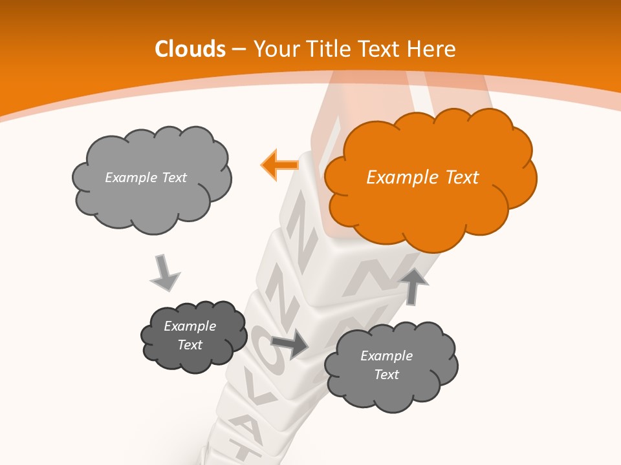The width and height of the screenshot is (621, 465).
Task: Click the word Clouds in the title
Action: (190, 49)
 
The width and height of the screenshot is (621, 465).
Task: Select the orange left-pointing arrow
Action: (279, 165)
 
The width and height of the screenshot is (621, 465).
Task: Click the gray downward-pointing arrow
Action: (164, 272)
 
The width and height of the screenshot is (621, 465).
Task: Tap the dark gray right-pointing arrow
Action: (290, 344)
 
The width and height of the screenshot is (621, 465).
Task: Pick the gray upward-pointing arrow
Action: (413, 285)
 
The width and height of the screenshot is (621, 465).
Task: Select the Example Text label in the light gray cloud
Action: (146, 178)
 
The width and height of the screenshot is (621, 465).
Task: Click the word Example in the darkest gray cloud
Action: (190, 326)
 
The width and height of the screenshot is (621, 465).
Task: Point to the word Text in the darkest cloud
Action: (190, 345)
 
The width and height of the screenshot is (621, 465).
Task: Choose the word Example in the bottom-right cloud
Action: (386, 356)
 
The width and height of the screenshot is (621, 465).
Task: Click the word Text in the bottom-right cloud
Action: (386, 375)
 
